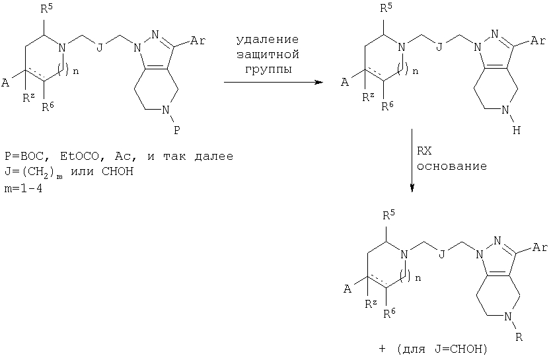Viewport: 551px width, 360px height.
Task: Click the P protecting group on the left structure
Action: (177, 131)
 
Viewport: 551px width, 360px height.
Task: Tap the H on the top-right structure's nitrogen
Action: (516, 131)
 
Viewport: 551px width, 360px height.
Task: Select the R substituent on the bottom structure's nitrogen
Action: (519, 338)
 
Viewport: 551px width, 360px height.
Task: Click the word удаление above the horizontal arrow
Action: (268, 40)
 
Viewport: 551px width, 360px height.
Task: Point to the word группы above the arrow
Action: (268, 69)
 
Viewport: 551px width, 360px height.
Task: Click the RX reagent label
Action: (424, 151)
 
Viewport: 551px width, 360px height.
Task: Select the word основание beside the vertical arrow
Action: (451, 166)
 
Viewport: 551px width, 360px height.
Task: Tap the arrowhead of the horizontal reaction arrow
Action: (319, 83)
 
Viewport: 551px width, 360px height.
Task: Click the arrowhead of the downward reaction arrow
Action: (412, 188)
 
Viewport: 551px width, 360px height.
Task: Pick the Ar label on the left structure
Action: (198, 41)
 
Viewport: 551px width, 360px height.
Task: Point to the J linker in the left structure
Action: (100, 47)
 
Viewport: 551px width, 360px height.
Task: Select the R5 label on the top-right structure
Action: (386, 8)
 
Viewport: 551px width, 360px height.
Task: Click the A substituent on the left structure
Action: (5, 83)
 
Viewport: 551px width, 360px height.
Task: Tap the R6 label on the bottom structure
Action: (389, 312)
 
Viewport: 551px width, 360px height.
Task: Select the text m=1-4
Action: (23, 190)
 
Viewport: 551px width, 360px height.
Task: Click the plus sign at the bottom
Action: (383, 349)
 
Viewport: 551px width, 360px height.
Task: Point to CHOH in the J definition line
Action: (118, 172)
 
